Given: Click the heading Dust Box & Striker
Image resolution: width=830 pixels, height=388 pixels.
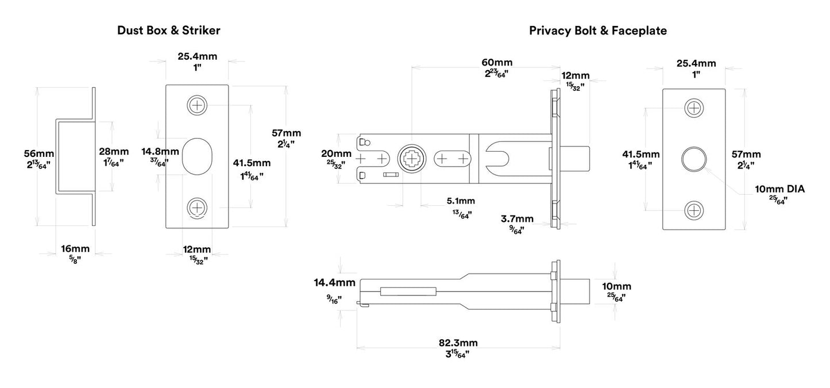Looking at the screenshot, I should [x=168, y=30].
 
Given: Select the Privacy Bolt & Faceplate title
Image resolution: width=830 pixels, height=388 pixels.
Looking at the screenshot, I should [x=597, y=30].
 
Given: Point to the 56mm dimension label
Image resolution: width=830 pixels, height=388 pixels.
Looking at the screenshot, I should [x=38, y=153].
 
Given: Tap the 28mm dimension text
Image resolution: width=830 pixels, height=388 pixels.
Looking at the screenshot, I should [x=113, y=151].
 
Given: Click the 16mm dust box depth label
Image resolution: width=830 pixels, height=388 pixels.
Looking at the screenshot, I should [x=75, y=249].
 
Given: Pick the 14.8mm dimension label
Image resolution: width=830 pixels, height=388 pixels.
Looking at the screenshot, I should [x=160, y=152].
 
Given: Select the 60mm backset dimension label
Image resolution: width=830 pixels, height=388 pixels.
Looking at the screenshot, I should [x=497, y=62].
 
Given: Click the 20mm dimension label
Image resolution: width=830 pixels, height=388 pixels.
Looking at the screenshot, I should [x=335, y=153].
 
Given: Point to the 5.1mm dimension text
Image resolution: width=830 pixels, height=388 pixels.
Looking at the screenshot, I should [x=461, y=201].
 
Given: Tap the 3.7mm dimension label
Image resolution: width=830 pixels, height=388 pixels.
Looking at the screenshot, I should [x=517, y=218].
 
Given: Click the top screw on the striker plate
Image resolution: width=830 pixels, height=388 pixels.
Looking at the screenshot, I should [x=197, y=105].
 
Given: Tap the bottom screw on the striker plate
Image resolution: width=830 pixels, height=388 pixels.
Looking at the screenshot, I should [x=197, y=208].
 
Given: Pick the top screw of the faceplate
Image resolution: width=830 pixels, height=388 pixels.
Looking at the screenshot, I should [x=694, y=107].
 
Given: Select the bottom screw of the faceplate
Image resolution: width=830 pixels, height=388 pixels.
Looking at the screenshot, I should [x=694, y=210].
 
